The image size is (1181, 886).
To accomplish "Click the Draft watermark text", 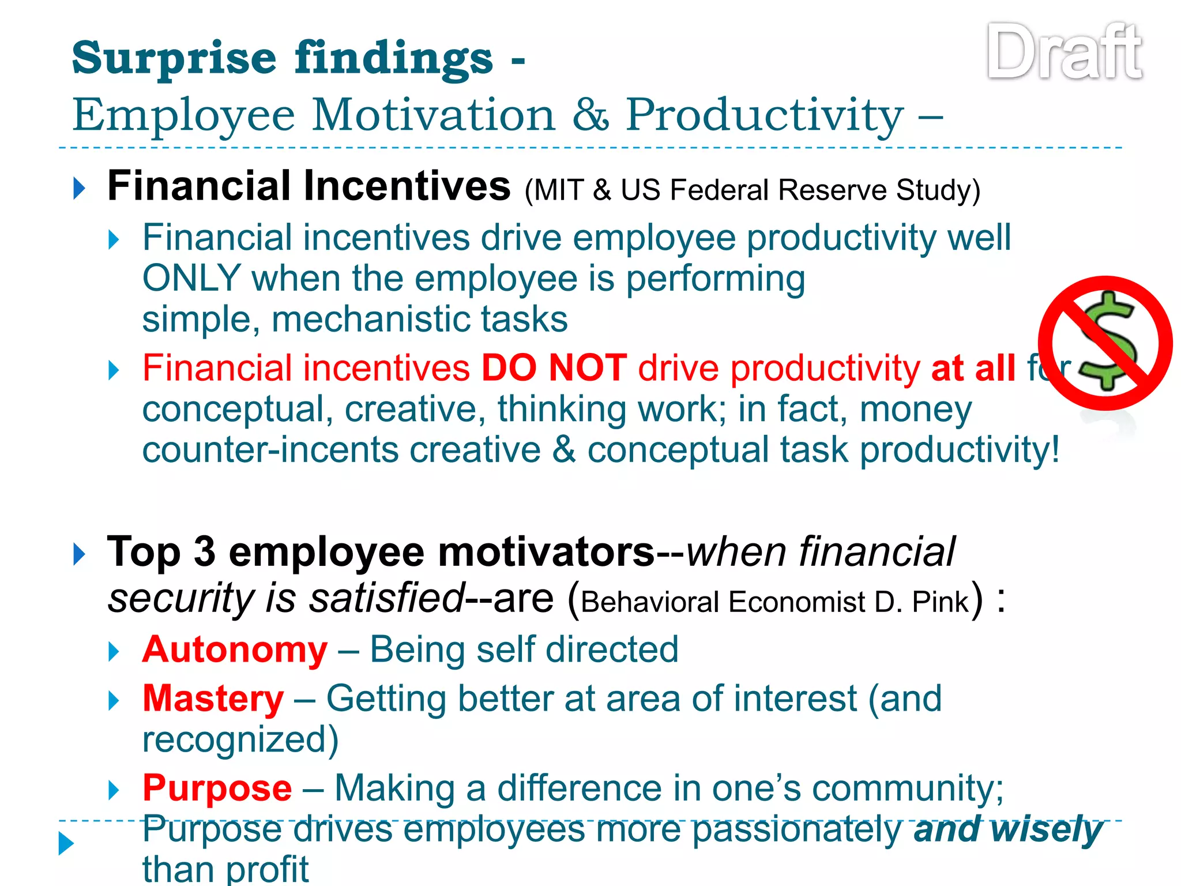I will tap(1065, 53).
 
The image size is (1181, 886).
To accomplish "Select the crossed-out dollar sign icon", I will tap(1105, 344).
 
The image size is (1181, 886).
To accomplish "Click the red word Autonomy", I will tap(235, 650).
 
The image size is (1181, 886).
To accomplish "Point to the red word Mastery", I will tap(213, 699).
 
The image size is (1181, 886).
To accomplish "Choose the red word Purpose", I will tap(217, 789).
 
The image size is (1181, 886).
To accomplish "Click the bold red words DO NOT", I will tap(554, 368).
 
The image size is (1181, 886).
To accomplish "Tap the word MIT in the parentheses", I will tap(558, 190).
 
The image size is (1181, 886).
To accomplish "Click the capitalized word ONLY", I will tap(191, 279).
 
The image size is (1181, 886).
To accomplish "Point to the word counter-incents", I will tap(270, 450).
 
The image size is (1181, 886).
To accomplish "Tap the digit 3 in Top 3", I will tap(204, 552).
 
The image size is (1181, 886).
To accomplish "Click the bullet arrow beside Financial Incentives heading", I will tap(80, 189).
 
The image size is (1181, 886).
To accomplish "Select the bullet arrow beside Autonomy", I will tap(114, 652).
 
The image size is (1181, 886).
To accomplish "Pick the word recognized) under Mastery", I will tap(240, 740).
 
